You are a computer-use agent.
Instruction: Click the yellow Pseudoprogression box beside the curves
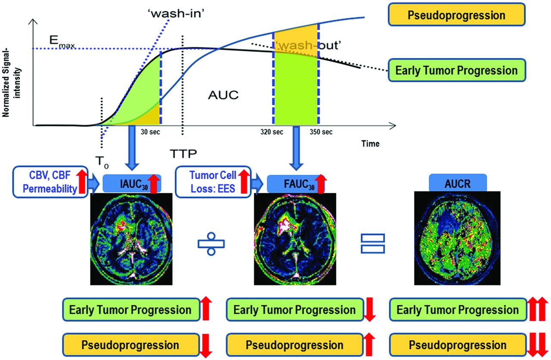tap(457, 15)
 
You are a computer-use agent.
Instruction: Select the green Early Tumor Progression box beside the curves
tap(457, 70)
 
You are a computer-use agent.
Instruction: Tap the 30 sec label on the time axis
tap(150, 132)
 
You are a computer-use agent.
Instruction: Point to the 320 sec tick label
tap(272, 132)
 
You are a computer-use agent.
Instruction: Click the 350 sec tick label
tap(321, 132)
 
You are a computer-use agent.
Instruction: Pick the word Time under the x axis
tap(370, 143)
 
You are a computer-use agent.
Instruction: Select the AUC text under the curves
tap(223, 95)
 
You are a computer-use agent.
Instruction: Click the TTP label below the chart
tap(183, 154)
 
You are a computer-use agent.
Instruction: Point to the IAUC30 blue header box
tap(132, 183)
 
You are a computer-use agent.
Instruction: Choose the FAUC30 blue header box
tap(296, 183)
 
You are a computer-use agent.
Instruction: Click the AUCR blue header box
tap(458, 183)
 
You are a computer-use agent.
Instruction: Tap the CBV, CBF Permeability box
tap(50, 182)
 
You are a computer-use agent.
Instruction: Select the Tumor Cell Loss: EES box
tap(213, 182)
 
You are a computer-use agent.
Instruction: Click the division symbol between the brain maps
tap(211, 244)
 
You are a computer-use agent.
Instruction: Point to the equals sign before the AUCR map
tap(373, 244)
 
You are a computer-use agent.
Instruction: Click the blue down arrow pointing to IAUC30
tap(132, 148)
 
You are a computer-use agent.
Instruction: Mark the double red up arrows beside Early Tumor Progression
tap(538, 309)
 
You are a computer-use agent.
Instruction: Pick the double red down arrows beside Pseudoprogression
tap(538, 345)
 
